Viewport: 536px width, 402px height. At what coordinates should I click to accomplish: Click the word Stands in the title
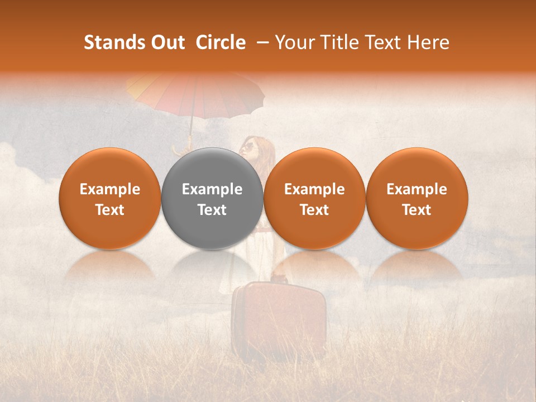pyautogui.click(x=113, y=42)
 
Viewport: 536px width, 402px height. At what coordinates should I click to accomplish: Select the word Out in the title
pyautogui.click(x=166, y=42)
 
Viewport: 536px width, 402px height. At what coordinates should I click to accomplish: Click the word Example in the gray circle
pyautogui.click(x=212, y=189)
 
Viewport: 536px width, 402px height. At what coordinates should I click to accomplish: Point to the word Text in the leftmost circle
pyautogui.click(x=109, y=210)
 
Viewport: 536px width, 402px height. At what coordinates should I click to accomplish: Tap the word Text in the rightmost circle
pyautogui.click(x=417, y=210)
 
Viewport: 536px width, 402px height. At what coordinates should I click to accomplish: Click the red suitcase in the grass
pyautogui.click(x=279, y=318)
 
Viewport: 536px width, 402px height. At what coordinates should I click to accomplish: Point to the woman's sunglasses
pyautogui.click(x=247, y=147)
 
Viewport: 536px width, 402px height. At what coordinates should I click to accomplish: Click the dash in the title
pyautogui.click(x=260, y=42)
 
